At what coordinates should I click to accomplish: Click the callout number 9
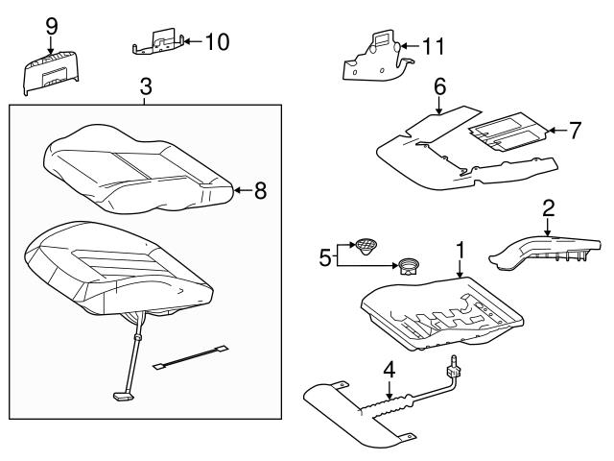click(x=52, y=22)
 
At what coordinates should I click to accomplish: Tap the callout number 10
click(x=218, y=41)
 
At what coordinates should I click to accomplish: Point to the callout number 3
click(x=145, y=86)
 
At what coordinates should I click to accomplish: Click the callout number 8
click(x=260, y=191)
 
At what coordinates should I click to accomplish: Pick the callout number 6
click(x=439, y=86)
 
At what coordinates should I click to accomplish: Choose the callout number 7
click(x=575, y=130)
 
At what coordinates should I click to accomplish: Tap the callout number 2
click(x=548, y=206)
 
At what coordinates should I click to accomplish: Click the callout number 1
click(x=460, y=250)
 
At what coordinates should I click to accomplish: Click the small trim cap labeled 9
click(x=49, y=73)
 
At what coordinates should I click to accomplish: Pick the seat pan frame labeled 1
click(x=441, y=312)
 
